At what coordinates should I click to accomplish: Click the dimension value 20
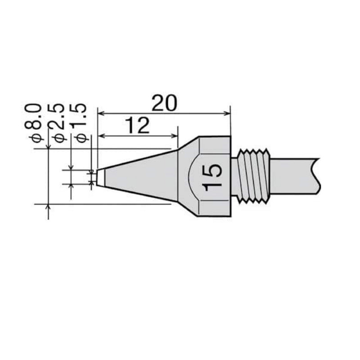[165, 103]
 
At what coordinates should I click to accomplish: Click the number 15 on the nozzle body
[213, 177]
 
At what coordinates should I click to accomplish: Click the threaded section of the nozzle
[256, 177]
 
